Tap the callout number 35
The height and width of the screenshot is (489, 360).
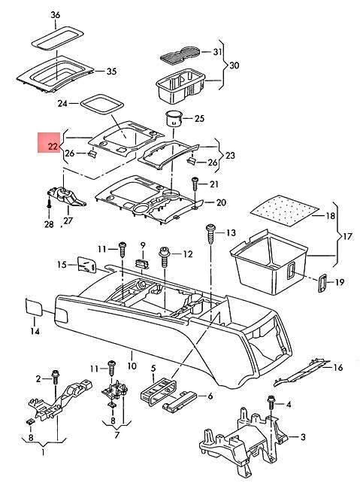[x=111, y=72]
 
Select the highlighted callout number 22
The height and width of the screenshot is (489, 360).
[x=52, y=146]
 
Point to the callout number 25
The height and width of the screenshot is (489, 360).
[x=199, y=118]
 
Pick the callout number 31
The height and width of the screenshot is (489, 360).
[x=218, y=52]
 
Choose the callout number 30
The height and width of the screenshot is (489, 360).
[x=233, y=65]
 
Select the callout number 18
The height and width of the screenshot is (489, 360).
[x=328, y=216]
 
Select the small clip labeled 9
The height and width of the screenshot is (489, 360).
[x=142, y=263]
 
